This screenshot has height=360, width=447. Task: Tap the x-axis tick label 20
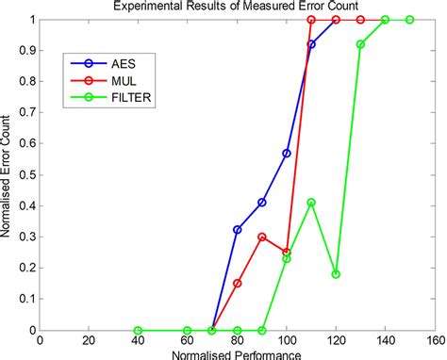(89, 341)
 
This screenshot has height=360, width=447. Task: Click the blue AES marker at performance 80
(238, 230)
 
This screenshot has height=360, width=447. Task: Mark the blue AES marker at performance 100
(287, 153)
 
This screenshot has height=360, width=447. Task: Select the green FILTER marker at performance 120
(336, 274)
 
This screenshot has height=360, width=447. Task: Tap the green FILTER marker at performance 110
(311, 203)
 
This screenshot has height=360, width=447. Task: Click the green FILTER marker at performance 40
(139, 330)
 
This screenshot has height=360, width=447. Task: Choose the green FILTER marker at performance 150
(410, 20)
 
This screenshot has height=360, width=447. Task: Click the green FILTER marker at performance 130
(360, 44)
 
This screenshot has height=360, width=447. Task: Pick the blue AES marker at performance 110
(311, 44)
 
